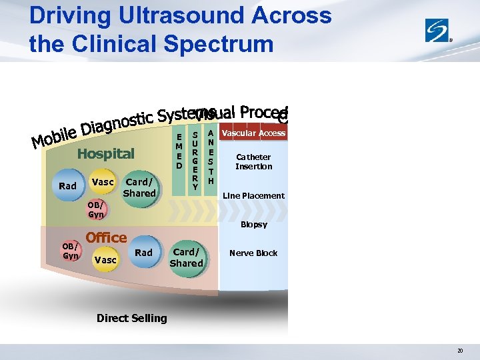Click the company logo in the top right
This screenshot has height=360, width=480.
(439, 31)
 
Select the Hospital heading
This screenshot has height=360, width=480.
(105, 154)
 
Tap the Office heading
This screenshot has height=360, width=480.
(106, 237)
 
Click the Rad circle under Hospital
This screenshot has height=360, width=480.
(67, 186)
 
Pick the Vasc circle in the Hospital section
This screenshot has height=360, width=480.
(103, 182)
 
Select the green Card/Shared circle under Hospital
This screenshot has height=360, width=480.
(139, 187)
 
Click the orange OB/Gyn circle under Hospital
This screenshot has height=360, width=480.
(96, 210)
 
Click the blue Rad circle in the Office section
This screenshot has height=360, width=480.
(143, 253)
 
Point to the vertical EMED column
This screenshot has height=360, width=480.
(179, 151)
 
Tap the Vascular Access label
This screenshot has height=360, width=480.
(253, 133)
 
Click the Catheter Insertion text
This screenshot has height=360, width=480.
(253, 162)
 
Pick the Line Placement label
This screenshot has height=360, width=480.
(253, 196)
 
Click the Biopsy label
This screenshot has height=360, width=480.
(253, 225)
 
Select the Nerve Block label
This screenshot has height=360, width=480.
(253, 253)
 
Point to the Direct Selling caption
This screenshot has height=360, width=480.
(131, 318)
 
